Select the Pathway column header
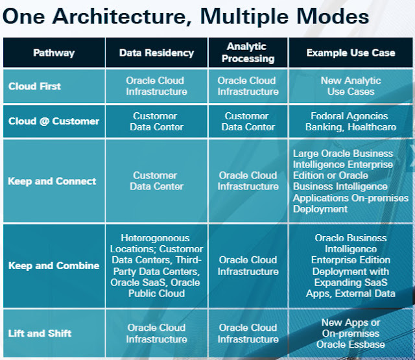(x=54, y=53)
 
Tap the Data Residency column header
(x=156, y=53)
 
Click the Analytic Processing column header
(x=248, y=53)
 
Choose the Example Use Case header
(x=351, y=53)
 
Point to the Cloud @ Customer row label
(x=53, y=121)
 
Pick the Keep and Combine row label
(x=54, y=265)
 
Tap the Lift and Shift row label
(x=40, y=333)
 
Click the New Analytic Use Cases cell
(x=351, y=86)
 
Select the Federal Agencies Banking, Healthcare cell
(x=351, y=121)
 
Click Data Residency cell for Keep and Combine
(x=156, y=265)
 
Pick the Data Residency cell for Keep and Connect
(x=156, y=181)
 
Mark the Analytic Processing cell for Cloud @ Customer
(x=248, y=121)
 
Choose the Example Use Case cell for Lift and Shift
(x=351, y=333)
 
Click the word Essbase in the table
(x=367, y=344)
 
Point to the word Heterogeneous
(x=156, y=238)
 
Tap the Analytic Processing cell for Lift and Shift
(x=248, y=333)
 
